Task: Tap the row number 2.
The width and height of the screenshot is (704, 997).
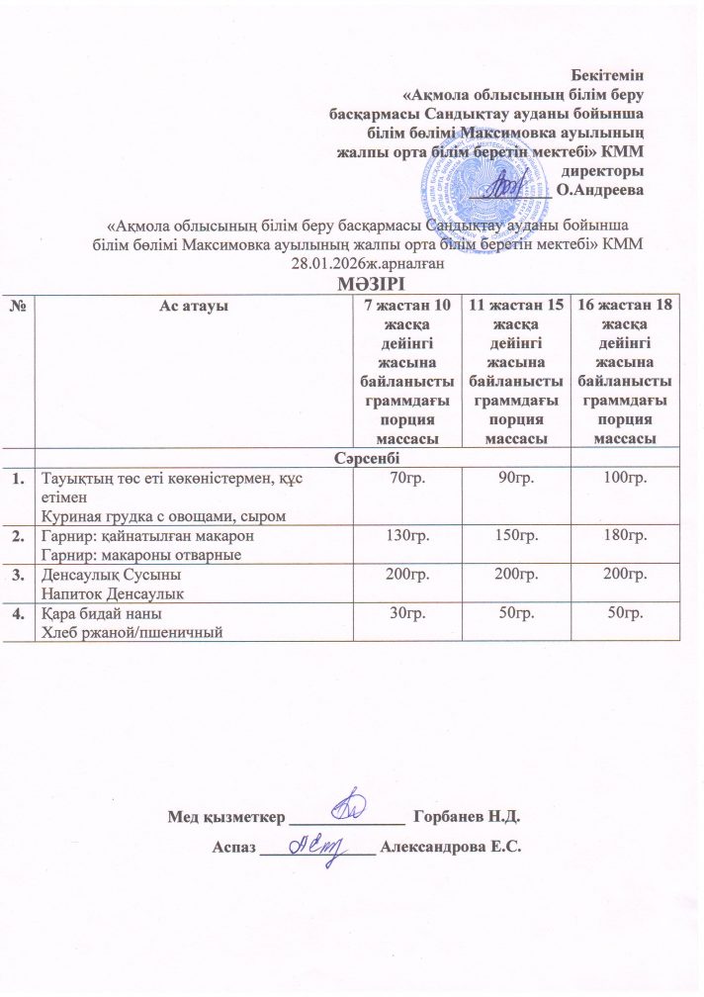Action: point(18,536)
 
